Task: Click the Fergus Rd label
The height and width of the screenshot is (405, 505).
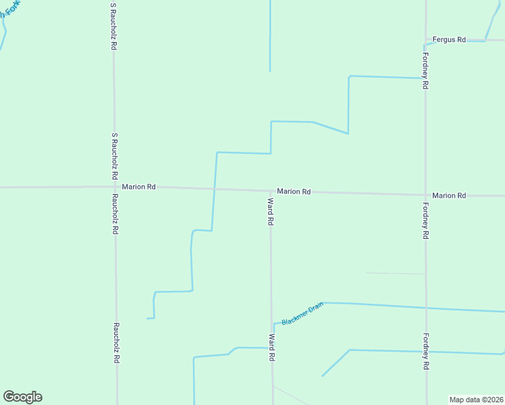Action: coord(450,40)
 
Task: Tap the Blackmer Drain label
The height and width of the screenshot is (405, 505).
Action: coord(302,313)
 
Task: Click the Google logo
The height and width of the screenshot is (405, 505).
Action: coord(22,397)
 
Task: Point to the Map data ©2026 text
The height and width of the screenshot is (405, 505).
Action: coord(476,399)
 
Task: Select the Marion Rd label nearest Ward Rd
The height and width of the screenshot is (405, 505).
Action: coord(294,192)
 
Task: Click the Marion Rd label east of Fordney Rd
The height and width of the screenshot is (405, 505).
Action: coord(449,195)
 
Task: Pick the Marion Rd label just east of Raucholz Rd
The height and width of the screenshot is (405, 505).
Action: coord(138,186)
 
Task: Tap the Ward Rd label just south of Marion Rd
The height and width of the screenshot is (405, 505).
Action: coord(270,211)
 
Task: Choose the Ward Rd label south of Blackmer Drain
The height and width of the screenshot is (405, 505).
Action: coord(271,347)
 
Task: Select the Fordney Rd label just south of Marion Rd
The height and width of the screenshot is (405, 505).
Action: coord(426,221)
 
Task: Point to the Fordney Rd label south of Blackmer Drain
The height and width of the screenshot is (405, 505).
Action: coord(426,351)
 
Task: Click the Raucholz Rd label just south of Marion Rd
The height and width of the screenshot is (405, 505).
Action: coord(115,214)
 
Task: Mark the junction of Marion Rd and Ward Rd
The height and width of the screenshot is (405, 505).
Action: coord(270,191)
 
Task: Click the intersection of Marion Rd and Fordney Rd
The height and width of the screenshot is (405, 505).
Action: coord(425,195)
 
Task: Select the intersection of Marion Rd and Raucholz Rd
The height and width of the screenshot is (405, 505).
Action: coord(114,186)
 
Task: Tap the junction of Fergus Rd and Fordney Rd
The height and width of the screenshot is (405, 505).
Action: coord(425,40)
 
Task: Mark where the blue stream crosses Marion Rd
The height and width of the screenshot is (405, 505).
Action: coord(215,189)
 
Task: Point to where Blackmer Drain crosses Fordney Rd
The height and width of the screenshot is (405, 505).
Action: coord(425,308)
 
